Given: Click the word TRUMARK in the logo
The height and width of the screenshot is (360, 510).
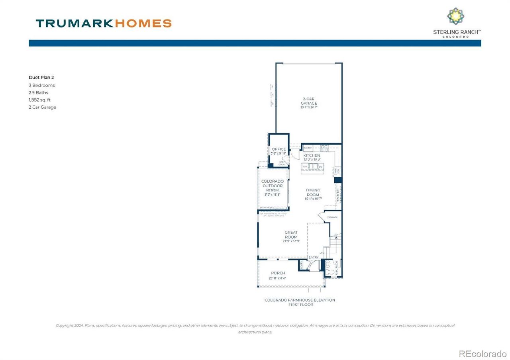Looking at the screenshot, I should (x=75, y=23).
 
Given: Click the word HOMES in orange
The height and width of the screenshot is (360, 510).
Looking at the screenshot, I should (x=143, y=23).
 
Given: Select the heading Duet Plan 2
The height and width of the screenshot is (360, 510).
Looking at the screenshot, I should (x=41, y=78).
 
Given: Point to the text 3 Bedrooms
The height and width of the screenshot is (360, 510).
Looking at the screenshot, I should (x=41, y=85).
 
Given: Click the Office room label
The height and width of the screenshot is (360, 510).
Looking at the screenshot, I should (x=279, y=149).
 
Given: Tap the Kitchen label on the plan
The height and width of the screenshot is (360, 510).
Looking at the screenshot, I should (x=312, y=155).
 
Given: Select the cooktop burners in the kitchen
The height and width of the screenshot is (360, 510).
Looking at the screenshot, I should (x=325, y=148).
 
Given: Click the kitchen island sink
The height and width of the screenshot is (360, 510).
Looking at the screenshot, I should (x=315, y=166).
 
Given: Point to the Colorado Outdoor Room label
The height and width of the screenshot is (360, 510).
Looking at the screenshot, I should (x=273, y=186).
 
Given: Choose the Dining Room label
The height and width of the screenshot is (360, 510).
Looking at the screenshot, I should (x=313, y=193).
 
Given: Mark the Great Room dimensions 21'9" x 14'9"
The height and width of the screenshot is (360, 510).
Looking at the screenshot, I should (x=291, y=242).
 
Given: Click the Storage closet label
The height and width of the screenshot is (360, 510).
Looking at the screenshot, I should (x=333, y=217).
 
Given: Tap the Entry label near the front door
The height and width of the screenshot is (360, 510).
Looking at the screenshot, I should (x=314, y=258).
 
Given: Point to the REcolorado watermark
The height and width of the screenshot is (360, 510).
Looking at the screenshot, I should (x=483, y=353).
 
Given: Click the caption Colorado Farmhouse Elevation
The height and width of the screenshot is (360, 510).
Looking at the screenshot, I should (x=300, y=300).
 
